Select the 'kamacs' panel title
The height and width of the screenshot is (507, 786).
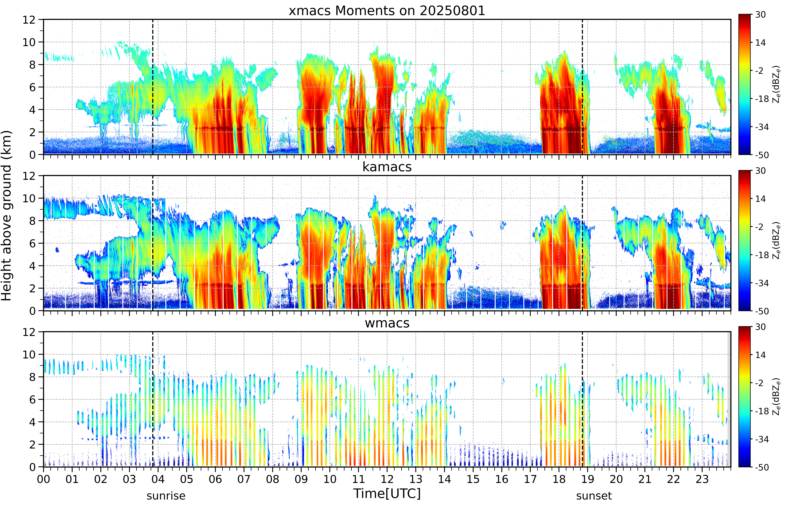coord(387,167)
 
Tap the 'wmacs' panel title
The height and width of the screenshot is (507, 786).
coord(387,323)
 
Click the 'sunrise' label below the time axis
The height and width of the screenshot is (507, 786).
coord(166,495)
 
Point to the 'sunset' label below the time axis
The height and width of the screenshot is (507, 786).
coord(594,495)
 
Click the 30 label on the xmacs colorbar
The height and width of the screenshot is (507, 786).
coord(760,14)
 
